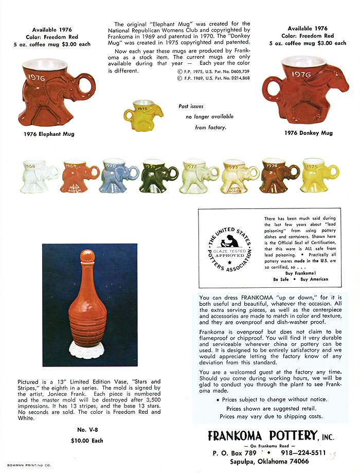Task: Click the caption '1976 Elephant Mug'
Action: [49, 134]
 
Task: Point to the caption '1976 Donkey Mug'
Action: [309, 133]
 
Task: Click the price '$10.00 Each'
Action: [87, 441]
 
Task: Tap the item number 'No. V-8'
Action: [87, 429]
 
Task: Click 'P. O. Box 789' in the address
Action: [235, 453]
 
